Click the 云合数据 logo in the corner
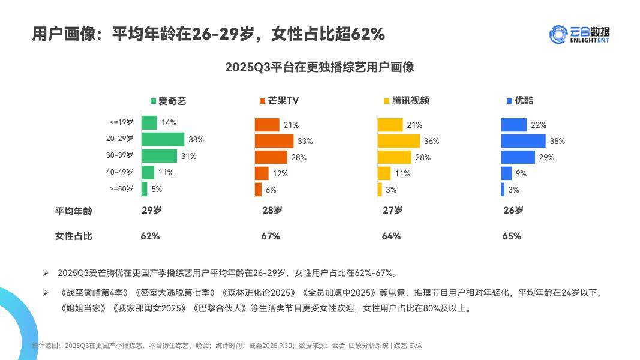[583, 34]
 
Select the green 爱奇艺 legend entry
[168, 101]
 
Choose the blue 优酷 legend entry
[519, 101]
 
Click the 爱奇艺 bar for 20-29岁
[163, 139]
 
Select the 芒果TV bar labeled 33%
[274, 141]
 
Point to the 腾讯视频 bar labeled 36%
[398, 141]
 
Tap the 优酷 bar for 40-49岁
[506, 173]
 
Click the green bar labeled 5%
[144, 189]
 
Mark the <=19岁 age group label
[121, 122]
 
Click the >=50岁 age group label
[121, 189]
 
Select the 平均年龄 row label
[74, 211]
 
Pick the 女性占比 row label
[74, 236]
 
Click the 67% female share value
[271, 236]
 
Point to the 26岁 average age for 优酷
[513, 211]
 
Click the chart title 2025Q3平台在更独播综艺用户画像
[319, 67]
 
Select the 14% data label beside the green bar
[169, 123]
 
